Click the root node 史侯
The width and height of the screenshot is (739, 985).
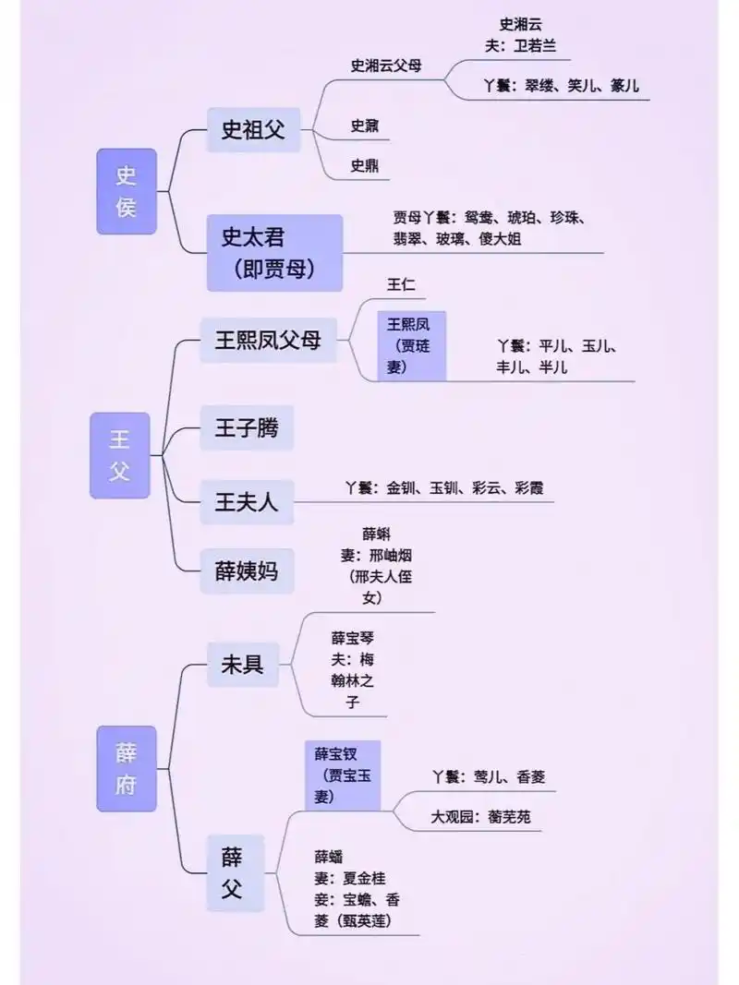127,191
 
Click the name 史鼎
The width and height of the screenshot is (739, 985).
364,166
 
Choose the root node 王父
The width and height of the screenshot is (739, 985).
120,455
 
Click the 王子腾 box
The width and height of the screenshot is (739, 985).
247,427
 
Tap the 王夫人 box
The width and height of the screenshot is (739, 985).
247,502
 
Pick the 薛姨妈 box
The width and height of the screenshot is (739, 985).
247,571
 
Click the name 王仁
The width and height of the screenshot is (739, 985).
402,285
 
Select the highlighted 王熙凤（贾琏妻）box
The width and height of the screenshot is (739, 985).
411,345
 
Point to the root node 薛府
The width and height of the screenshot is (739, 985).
127,768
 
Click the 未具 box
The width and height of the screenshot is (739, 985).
242,665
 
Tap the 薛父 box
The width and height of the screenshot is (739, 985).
232,872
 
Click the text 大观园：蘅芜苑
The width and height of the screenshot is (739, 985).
480,817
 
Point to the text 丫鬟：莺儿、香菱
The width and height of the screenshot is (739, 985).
489,776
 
